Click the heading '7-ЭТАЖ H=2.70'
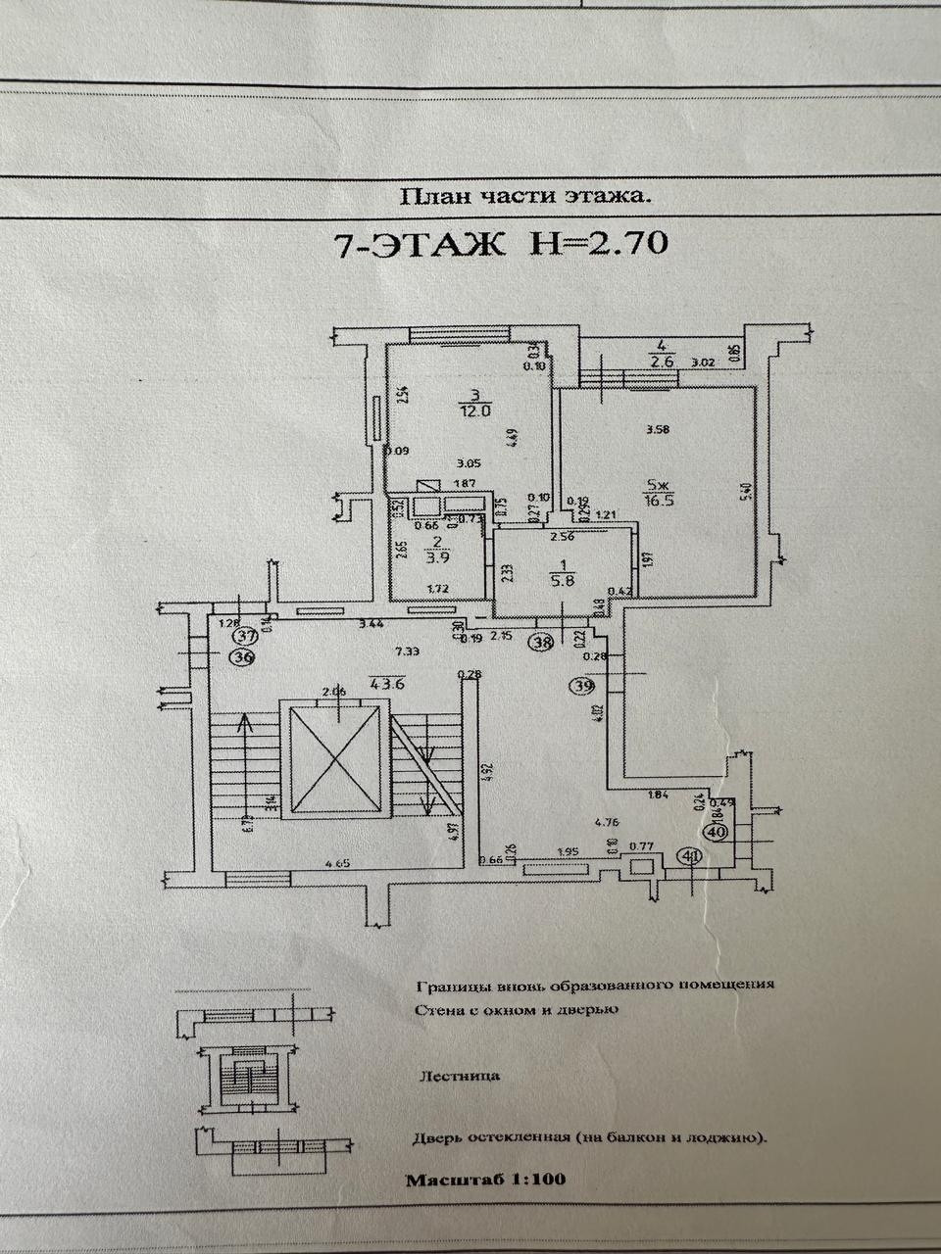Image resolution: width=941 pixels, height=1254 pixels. [501, 242]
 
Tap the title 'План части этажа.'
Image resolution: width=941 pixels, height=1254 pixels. [524, 196]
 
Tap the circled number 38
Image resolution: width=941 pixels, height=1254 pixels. [540, 643]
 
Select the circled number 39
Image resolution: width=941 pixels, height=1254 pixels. [584, 687]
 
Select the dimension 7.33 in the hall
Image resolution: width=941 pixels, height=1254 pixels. [381, 652]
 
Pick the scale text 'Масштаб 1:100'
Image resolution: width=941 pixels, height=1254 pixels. [485, 1180]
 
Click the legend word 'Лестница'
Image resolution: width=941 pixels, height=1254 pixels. [459, 1075]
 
